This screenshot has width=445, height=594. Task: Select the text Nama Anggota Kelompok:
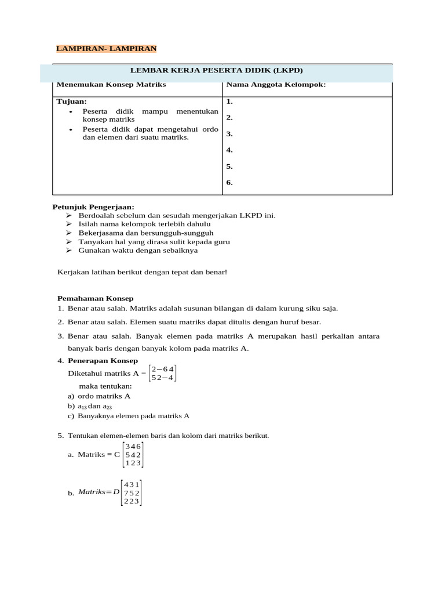tap(276, 85)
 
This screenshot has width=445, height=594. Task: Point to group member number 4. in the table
tap(229, 150)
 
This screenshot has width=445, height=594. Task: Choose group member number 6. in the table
tap(229, 182)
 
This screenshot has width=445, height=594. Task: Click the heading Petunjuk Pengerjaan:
tap(93, 207)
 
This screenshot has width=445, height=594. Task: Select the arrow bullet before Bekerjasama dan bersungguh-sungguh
tap(68, 233)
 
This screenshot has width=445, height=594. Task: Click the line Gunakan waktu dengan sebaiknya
tap(138, 251)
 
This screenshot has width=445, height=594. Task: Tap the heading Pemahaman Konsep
tap(95, 298)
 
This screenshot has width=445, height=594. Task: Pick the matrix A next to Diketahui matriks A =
tap(163, 373)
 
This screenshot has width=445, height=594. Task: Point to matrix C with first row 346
tap(133, 455)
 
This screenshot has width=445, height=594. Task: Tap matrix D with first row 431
tap(131, 493)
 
